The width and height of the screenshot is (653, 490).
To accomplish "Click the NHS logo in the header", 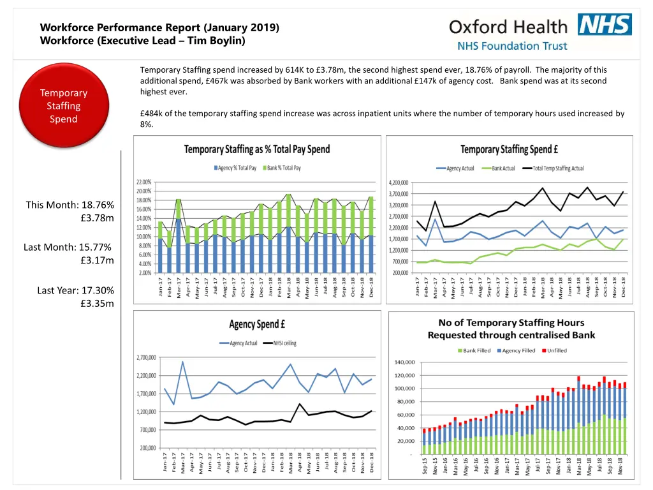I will pos(605,24).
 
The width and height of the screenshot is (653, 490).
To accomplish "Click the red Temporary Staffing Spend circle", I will pos(63,106).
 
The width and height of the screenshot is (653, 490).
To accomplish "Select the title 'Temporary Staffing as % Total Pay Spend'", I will pos(257,149).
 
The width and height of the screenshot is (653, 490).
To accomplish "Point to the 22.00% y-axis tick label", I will pos(143,182).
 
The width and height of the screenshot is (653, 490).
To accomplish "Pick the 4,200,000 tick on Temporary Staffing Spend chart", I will pos(399,182).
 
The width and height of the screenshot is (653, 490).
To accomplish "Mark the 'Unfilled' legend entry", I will pos(554,350).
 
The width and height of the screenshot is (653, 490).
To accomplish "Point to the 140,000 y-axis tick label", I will pos(405,362).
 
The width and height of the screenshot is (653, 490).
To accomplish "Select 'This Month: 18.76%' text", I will pos(70,205).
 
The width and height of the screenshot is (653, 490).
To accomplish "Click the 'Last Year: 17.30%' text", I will pos(75,290).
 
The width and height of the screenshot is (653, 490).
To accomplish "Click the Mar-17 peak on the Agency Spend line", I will pos(182,362).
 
